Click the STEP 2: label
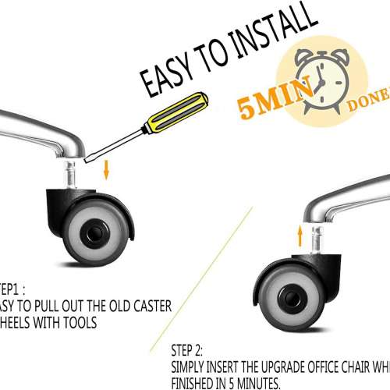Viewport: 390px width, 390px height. pos(186,352)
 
